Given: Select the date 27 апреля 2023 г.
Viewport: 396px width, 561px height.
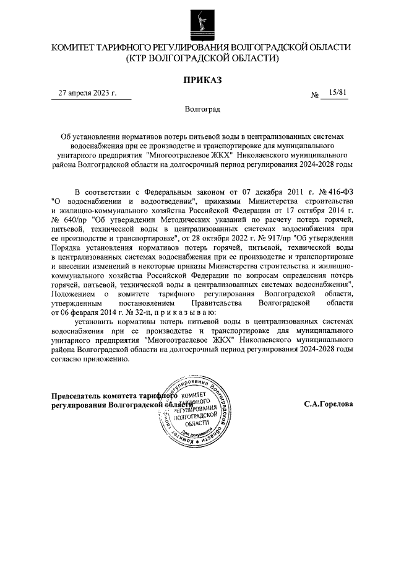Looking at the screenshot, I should click(x=87, y=93).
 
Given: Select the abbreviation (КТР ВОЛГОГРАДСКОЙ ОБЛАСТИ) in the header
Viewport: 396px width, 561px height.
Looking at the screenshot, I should click(x=202, y=58).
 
